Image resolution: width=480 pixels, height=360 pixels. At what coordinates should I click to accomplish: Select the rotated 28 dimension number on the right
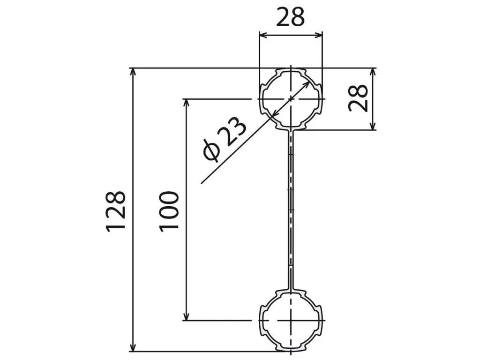(x=358, y=97)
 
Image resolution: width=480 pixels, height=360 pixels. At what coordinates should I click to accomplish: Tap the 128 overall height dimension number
(x=116, y=211)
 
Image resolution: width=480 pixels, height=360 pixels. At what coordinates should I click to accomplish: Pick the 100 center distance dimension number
(x=169, y=211)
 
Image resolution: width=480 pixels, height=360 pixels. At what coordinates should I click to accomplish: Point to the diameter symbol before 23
(x=212, y=150)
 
